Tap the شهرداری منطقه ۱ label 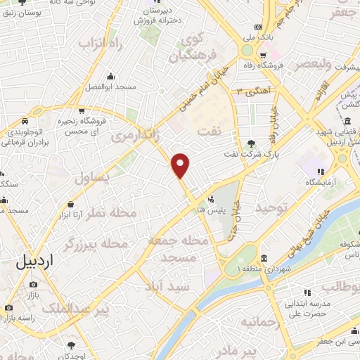click(264, 269)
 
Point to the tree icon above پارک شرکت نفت click(252, 143)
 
